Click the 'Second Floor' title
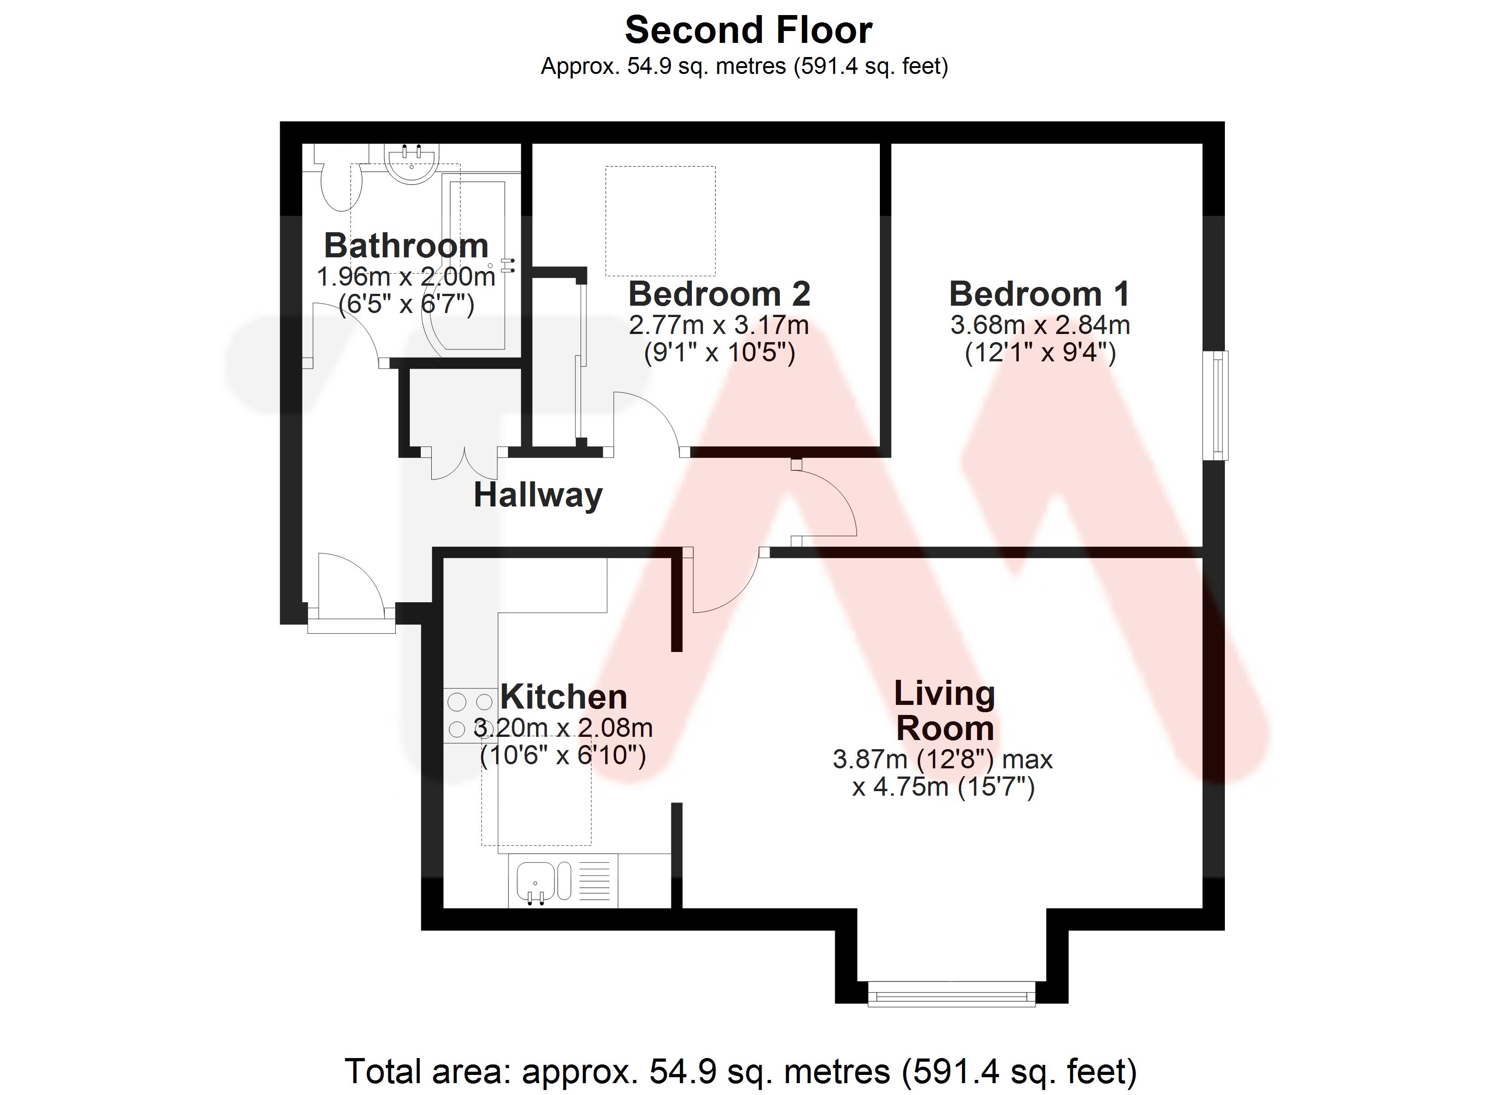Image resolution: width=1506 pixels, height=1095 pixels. point(748,31)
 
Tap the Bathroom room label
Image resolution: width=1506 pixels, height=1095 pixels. point(406,246)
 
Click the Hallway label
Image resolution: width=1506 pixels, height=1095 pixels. point(538,495)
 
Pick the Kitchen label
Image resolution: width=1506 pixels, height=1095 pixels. point(564,697)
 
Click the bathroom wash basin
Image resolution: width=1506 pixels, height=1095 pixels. point(412,163)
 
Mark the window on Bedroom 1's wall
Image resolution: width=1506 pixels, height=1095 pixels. point(1217,405)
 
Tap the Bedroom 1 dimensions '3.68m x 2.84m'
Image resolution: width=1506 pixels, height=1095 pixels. point(1040,325)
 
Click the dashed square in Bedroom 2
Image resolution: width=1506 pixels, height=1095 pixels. point(660,221)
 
